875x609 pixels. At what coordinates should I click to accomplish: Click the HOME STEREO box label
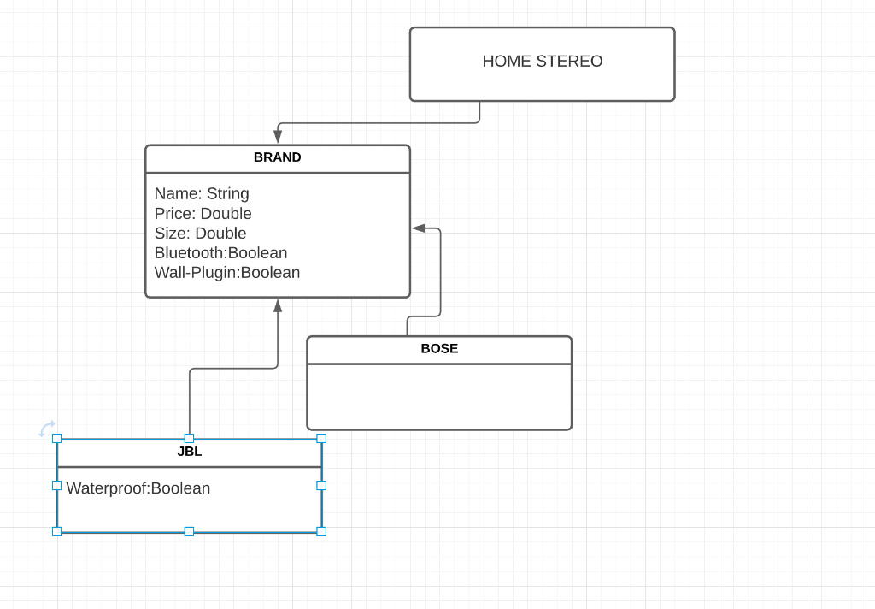(543, 62)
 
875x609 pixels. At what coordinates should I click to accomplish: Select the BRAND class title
(278, 158)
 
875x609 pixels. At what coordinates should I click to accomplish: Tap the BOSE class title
(439, 349)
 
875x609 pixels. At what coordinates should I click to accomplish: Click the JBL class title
(190, 452)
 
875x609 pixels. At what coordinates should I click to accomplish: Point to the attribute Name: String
(202, 193)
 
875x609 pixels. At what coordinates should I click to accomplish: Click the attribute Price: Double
(203, 214)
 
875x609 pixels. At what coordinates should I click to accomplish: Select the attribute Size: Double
(200, 234)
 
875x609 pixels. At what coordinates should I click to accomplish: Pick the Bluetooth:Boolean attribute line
(220, 253)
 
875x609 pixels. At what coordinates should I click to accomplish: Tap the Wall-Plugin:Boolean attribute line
(227, 273)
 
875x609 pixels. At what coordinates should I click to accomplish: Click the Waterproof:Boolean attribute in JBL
(138, 488)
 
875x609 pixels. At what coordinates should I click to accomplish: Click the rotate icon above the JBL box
(47, 429)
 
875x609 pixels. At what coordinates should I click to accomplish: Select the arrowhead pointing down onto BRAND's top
(278, 137)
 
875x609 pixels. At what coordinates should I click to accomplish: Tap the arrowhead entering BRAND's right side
(419, 228)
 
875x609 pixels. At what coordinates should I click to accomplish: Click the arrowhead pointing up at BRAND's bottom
(278, 306)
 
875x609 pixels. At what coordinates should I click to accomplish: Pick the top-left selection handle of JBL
(57, 438)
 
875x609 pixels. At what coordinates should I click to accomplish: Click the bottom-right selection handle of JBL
(321, 531)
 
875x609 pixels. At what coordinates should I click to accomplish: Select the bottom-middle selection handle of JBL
(189, 531)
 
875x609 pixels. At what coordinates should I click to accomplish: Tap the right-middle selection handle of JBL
(321, 485)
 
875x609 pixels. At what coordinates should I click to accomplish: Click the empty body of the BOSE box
(439, 396)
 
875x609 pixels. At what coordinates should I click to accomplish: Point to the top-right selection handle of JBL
(321, 438)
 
